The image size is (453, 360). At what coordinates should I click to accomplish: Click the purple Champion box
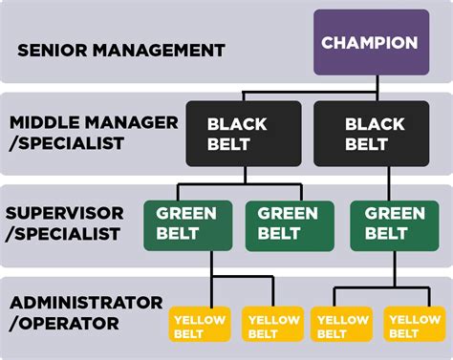(369, 42)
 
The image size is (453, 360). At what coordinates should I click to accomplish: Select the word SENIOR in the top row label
(46, 49)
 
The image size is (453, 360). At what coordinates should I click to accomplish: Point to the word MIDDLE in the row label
(42, 122)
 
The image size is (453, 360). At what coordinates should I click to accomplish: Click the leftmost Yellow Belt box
(200, 325)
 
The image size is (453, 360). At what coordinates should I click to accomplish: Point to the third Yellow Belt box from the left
(343, 325)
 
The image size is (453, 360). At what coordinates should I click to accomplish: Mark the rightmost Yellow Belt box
(416, 325)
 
